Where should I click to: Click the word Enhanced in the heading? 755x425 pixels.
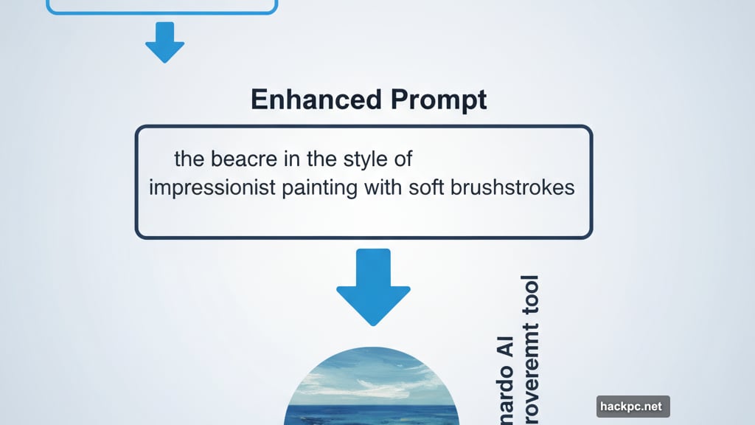pyautogui.click(x=305, y=99)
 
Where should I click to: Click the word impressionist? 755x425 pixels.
pyautogui.click(x=212, y=187)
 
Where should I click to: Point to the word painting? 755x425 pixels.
pyautogui.click(x=321, y=187)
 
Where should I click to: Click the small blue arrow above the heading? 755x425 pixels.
pyautogui.click(x=164, y=42)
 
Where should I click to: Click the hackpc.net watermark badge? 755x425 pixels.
pyautogui.click(x=633, y=407)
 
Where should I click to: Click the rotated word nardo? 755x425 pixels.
pyautogui.click(x=505, y=387)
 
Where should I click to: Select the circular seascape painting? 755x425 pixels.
pyautogui.click(x=372, y=387)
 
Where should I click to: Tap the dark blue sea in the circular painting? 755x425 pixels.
pyautogui.click(x=372, y=414)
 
